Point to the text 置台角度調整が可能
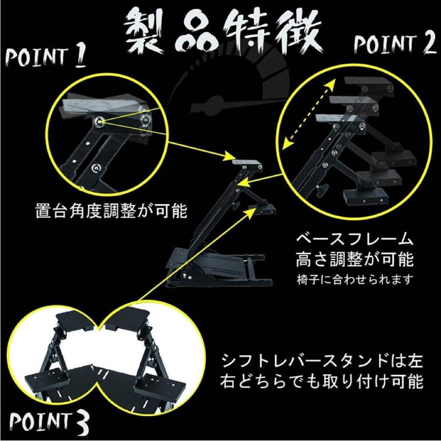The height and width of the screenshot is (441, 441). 110,212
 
